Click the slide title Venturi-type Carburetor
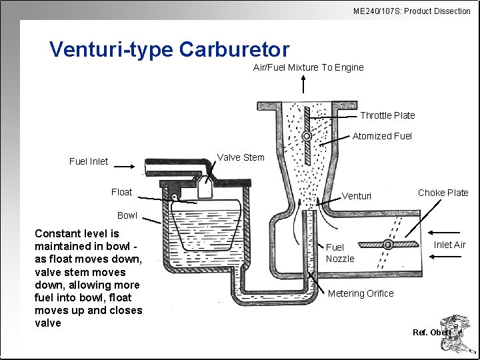click(x=169, y=49)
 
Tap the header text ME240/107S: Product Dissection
click(x=411, y=11)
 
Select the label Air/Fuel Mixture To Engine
click(x=308, y=67)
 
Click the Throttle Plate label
click(x=387, y=115)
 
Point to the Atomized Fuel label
click(x=382, y=136)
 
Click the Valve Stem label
click(x=241, y=158)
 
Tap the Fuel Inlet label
click(x=89, y=161)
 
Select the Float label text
click(x=121, y=192)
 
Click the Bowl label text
click(x=127, y=215)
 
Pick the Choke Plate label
click(x=443, y=193)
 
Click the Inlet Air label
click(x=449, y=245)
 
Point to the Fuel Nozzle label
click(x=340, y=253)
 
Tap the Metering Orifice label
click(x=360, y=293)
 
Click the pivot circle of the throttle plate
click(x=306, y=135)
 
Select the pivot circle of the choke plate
click(x=387, y=245)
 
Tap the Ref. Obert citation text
click(x=431, y=332)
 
